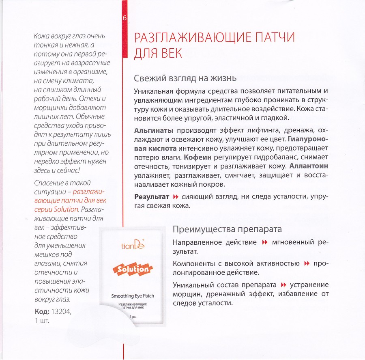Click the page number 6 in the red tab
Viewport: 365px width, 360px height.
tap(125, 19)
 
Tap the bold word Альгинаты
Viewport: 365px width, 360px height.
tap(154, 130)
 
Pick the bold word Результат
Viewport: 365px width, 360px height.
tap(151, 197)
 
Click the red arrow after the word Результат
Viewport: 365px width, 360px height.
tap(176, 197)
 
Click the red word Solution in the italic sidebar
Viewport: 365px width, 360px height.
tap(64, 209)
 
